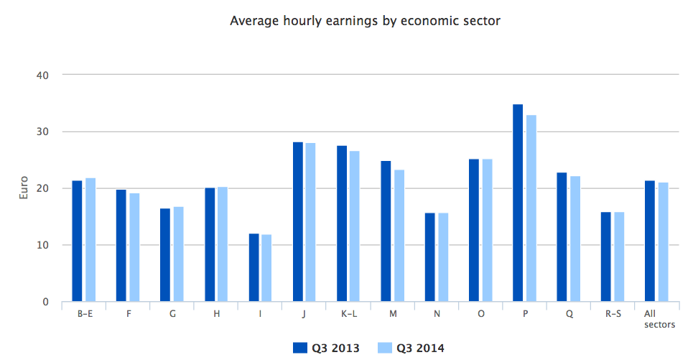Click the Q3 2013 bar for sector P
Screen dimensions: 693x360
point(518,203)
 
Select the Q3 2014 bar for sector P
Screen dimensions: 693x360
point(531,208)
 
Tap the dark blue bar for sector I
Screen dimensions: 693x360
point(254,267)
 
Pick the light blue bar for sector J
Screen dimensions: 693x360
point(310,222)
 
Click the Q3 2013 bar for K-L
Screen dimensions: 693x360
point(342,223)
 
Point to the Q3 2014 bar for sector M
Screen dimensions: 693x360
point(399,236)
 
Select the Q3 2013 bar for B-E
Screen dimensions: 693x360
point(77,241)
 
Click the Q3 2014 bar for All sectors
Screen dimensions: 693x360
point(663,242)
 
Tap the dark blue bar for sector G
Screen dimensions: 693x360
point(165,255)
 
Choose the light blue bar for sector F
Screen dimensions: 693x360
point(134,247)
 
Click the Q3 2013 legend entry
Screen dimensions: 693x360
point(326,348)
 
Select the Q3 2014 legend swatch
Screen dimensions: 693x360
point(385,348)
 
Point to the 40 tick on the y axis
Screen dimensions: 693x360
point(42,75)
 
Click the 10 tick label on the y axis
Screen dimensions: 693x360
point(42,245)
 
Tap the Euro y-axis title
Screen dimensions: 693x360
point(24,188)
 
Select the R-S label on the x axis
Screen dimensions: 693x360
point(613,313)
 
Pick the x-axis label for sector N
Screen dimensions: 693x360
point(437,313)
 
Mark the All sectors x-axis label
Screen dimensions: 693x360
point(659,319)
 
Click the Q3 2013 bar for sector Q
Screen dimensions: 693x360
point(562,237)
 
